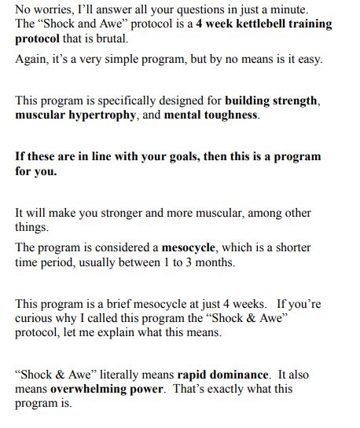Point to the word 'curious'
pos(35,317)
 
